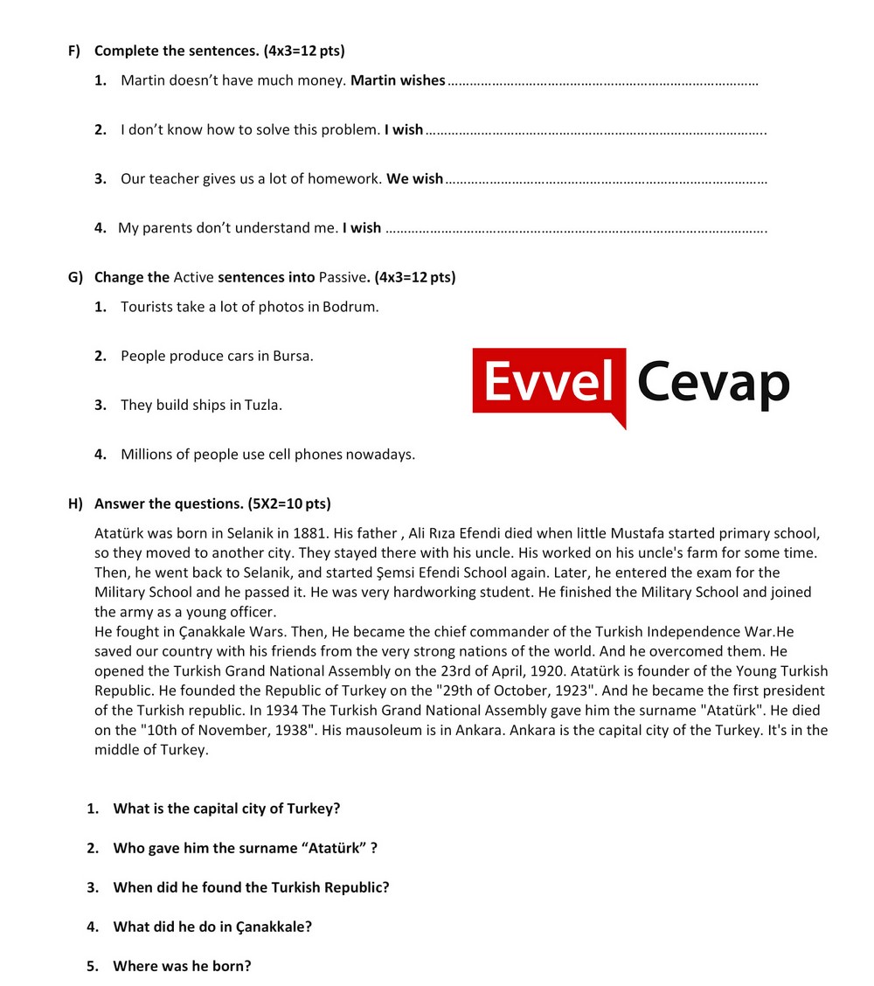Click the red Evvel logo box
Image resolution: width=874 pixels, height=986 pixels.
point(549,383)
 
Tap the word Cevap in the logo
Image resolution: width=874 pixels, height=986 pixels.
point(712,383)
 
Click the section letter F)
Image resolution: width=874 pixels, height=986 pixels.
point(74,51)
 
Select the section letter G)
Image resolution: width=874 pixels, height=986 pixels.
point(75,277)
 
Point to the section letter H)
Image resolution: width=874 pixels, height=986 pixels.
point(75,503)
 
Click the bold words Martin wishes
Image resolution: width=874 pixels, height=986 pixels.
point(398,80)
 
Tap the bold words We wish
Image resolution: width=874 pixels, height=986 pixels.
point(415,178)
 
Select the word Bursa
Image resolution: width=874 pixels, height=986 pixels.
point(293,356)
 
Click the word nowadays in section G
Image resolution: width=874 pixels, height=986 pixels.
point(380,454)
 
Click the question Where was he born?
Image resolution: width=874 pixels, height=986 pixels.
point(182,966)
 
